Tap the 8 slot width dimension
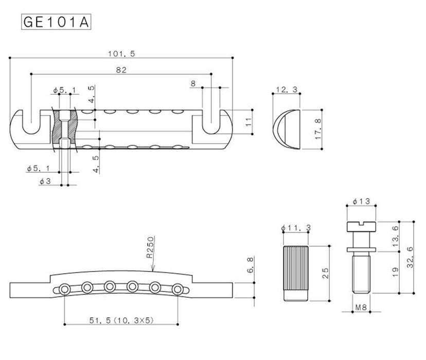point(192,83)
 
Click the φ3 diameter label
point(45,181)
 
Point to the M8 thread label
point(362,309)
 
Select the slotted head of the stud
point(362,225)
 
